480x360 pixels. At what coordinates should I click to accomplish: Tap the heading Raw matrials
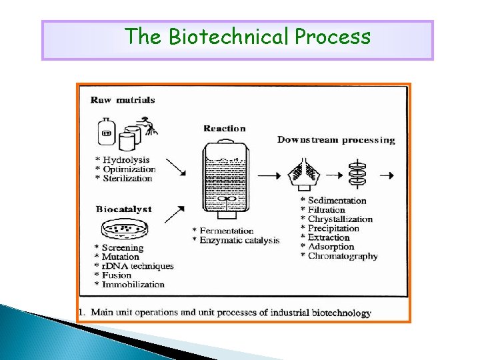123,100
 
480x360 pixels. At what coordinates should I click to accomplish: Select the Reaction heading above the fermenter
225,129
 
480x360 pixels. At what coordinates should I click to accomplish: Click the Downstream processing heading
336,140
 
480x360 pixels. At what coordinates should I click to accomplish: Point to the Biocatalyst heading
123,209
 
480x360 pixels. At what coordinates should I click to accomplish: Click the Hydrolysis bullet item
126,160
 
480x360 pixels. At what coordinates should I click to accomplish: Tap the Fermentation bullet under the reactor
226,231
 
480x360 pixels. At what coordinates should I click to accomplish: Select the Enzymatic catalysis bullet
239,240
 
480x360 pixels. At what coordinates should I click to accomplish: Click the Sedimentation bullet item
337,201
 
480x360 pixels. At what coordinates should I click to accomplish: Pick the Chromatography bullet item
342,256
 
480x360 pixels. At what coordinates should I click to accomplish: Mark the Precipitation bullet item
333,228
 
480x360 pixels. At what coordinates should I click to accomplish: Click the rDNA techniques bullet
137,266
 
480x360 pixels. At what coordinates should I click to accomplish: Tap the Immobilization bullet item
133,285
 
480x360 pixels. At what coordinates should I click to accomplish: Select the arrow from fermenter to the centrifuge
268,176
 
